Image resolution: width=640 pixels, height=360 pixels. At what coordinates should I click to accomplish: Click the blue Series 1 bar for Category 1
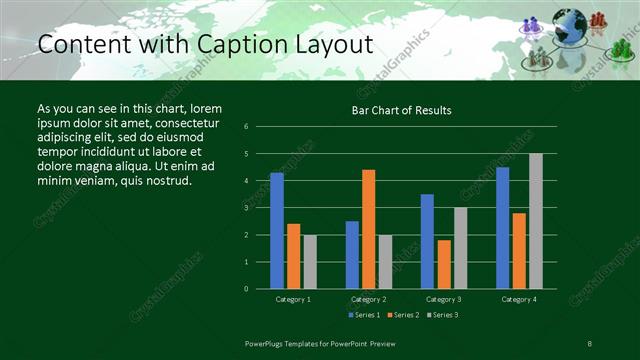[x=277, y=231]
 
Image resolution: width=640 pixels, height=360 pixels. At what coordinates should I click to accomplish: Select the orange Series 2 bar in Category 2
[x=369, y=229]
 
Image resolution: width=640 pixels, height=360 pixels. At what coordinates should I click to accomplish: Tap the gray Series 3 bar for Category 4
[x=535, y=221]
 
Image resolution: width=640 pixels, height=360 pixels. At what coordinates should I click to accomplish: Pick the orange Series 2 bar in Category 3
[x=444, y=264]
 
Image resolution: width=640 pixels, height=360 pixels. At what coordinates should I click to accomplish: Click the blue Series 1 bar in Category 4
[x=502, y=228]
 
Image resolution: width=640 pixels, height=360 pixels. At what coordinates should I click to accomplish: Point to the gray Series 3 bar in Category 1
[x=310, y=262]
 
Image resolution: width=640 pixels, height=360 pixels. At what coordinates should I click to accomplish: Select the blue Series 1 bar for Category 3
[x=427, y=241]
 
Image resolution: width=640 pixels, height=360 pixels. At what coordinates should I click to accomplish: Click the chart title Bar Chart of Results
[x=400, y=110]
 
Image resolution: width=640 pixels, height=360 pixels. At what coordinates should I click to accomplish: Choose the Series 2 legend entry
[x=402, y=315]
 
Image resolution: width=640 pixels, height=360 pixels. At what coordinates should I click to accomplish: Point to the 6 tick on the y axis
[x=246, y=127]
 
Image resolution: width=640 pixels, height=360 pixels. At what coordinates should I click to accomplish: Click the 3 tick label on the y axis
[x=246, y=208]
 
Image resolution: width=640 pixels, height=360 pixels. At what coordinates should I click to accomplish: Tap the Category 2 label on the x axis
[x=369, y=299]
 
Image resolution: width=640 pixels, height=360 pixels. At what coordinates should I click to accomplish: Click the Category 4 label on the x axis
[x=518, y=299]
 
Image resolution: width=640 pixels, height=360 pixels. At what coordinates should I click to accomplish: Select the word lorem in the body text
[x=204, y=108]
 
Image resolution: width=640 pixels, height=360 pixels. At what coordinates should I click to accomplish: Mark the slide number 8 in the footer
[x=590, y=343]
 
